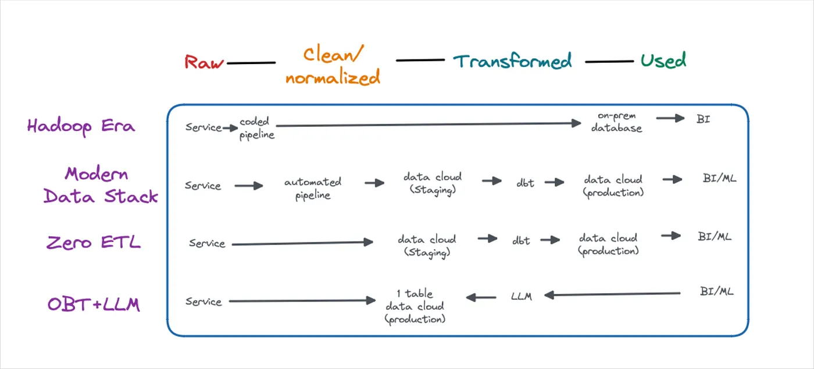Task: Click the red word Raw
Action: tap(204, 62)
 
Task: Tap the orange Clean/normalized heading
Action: tap(333, 66)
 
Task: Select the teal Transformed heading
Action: tap(512, 61)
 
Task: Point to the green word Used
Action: tap(663, 61)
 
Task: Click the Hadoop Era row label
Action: tap(81, 126)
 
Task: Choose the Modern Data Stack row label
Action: tap(101, 185)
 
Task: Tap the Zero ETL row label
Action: tap(94, 242)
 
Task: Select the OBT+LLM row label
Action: tap(94, 304)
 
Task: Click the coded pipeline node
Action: tap(256, 128)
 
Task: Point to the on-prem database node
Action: tap(617, 122)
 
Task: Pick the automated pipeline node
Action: tap(313, 189)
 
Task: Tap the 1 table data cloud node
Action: tap(415, 306)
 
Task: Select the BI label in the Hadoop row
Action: tap(703, 119)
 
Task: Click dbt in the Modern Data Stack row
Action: tap(525, 183)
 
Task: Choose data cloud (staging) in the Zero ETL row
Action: tap(427, 246)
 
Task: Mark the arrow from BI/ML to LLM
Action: tap(612, 294)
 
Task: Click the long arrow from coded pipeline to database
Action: tap(429, 125)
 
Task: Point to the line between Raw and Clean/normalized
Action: tap(251, 63)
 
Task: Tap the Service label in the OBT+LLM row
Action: tap(203, 301)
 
